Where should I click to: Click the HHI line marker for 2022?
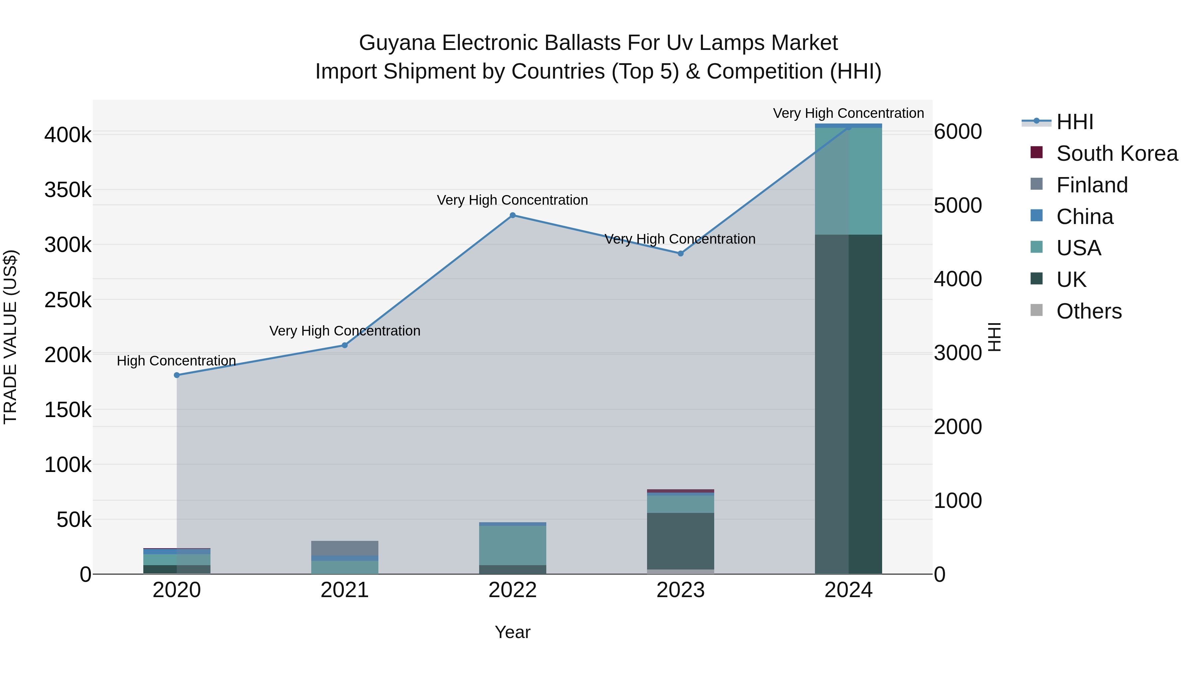512,215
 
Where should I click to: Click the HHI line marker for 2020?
177,375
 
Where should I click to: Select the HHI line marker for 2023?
680,254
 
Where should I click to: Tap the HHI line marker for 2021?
344,345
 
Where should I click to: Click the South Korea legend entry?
1116,153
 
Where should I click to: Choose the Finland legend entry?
1092,185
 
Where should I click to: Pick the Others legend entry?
1088,311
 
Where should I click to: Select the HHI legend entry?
1074,122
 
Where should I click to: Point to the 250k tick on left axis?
68,300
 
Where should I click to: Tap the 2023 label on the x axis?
680,590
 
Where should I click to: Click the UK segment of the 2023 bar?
680,541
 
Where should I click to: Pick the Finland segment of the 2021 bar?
344,548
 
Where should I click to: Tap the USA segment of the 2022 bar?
512,545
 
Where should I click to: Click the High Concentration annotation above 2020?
176,361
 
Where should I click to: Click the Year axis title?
512,632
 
